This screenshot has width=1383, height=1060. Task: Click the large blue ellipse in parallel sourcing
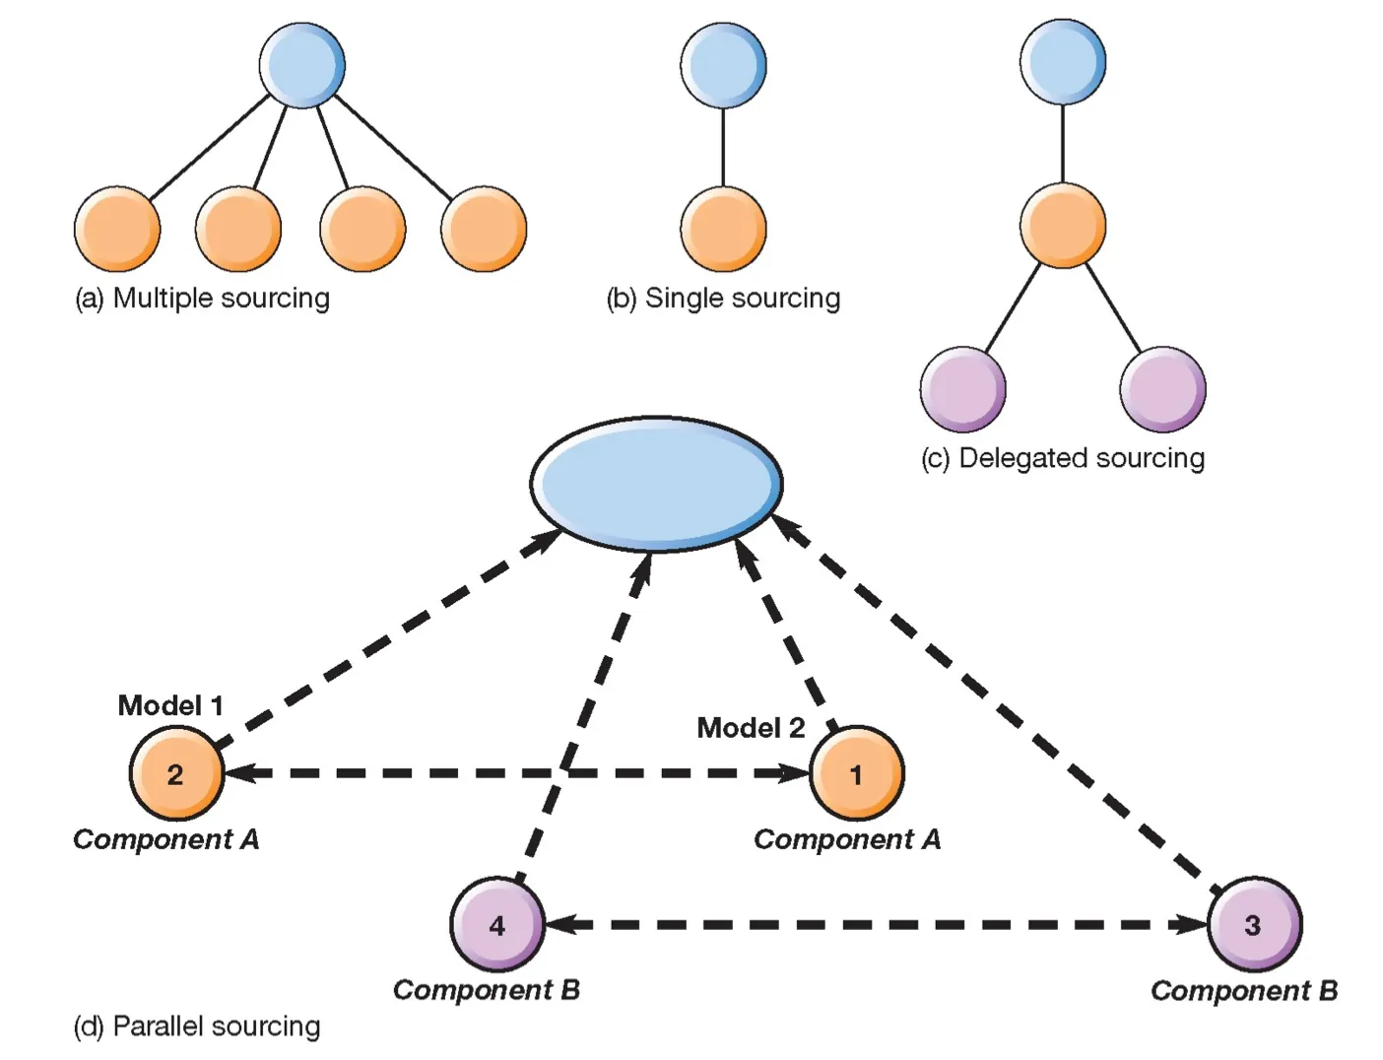point(656,484)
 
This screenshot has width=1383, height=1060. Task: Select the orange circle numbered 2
point(176,773)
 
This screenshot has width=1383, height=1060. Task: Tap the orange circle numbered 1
point(856,773)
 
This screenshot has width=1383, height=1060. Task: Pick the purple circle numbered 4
point(497,924)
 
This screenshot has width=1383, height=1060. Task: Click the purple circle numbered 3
point(1254,924)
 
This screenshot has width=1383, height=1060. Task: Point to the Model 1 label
point(170,705)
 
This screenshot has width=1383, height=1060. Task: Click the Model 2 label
point(751,728)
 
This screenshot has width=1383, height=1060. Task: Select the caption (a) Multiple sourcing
point(202,298)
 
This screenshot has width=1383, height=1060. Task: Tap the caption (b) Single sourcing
point(723,298)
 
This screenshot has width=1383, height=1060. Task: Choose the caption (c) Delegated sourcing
point(1062,458)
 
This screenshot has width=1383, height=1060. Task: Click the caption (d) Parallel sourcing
point(197,1027)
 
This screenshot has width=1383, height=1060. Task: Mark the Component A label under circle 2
point(166,839)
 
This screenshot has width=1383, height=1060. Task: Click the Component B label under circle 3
point(1243,990)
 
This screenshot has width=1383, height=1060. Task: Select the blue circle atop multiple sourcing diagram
point(302,65)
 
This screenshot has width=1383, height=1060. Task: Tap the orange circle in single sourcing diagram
point(723,229)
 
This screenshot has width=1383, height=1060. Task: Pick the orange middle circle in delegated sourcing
point(1062,225)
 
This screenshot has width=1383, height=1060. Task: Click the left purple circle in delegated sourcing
point(962,389)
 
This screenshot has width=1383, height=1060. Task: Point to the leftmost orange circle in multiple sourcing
point(117,229)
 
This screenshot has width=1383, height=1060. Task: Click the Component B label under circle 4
point(487,989)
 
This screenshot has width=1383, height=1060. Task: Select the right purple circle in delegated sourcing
point(1162,389)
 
